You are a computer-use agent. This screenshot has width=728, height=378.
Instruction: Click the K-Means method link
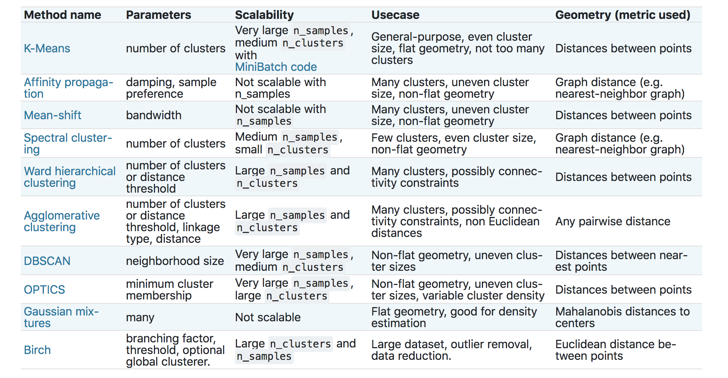pyautogui.click(x=47, y=48)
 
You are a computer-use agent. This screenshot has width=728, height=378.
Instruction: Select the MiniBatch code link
pyautogui.click(x=276, y=67)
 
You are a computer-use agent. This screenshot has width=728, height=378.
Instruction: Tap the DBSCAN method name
pyautogui.click(x=47, y=261)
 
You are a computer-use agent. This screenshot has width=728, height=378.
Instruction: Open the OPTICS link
pyautogui.click(x=44, y=290)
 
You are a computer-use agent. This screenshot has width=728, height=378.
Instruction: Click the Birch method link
pyautogui.click(x=37, y=350)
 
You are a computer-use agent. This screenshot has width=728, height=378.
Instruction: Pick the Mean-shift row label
pyautogui.click(x=52, y=115)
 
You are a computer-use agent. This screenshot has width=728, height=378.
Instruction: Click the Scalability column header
pyautogui.click(x=264, y=15)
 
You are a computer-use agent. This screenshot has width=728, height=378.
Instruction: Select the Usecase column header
pyautogui.click(x=395, y=15)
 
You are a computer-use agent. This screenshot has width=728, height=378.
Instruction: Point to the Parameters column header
pyautogui.click(x=158, y=15)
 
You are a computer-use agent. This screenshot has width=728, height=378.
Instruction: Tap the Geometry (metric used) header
pyautogui.click(x=623, y=15)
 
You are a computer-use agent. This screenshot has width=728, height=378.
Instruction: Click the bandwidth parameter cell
pyautogui.click(x=154, y=115)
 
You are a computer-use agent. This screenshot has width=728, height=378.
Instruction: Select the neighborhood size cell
pyautogui.click(x=175, y=261)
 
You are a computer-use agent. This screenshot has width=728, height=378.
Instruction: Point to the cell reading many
pyautogui.click(x=140, y=318)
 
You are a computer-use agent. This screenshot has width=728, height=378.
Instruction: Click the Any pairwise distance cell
pyautogui.click(x=613, y=221)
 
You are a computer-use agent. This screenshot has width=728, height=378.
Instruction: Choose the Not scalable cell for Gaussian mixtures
pyautogui.click(x=268, y=317)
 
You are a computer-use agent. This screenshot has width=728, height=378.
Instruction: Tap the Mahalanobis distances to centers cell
pyautogui.click(x=622, y=317)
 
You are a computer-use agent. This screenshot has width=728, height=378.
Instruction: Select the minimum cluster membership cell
pyautogui.click(x=170, y=290)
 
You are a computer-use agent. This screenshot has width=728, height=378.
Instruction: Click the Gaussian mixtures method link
pyautogui.click(x=61, y=317)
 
